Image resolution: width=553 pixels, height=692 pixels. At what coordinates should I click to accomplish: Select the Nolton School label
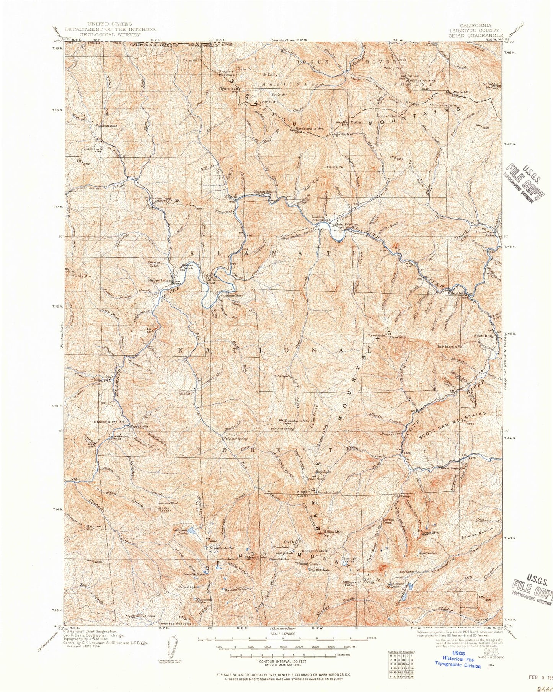point(265,192)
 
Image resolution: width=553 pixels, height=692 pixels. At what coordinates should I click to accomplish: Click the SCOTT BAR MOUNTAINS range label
point(453,426)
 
